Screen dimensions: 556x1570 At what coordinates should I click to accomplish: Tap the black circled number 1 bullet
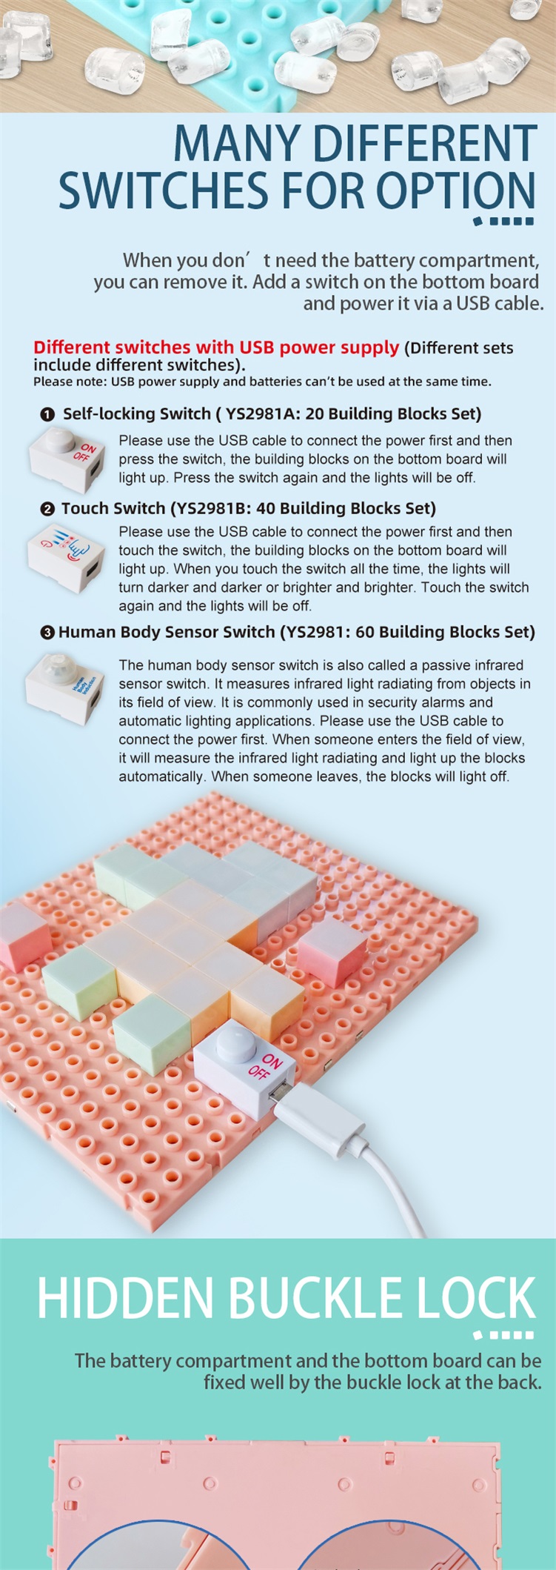48,414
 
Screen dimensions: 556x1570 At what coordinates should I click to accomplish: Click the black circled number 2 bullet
48,509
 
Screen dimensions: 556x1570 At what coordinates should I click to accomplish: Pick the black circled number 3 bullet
48,633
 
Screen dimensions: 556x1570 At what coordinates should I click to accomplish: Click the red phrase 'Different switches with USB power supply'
216,347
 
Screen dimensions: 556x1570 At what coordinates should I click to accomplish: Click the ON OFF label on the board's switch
265,1066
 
